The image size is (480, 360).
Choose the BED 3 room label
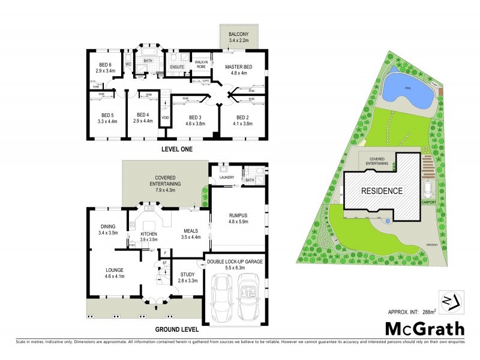click(194, 121)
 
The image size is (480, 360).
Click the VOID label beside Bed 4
click(165, 118)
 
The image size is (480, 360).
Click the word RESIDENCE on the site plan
click(381, 191)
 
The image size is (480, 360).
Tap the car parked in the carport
click(427, 190)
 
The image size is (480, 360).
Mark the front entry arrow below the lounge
click(158, 308)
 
